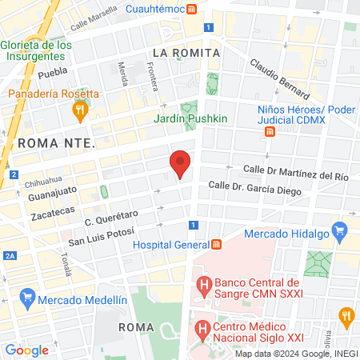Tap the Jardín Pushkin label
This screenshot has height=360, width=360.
(191, 119)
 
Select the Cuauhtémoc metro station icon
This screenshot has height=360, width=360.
(191, 10)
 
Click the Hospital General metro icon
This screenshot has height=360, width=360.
(215, 244)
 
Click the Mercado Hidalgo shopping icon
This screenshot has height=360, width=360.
(342, 234)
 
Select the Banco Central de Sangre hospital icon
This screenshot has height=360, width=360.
(203, 283)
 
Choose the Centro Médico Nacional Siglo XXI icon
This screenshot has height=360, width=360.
(203, 327)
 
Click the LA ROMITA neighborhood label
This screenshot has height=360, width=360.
(186, 53)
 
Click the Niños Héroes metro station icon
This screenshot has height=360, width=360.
(269, 131)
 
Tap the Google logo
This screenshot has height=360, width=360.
(26, 350)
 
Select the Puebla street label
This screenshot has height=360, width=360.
(52, 74)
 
